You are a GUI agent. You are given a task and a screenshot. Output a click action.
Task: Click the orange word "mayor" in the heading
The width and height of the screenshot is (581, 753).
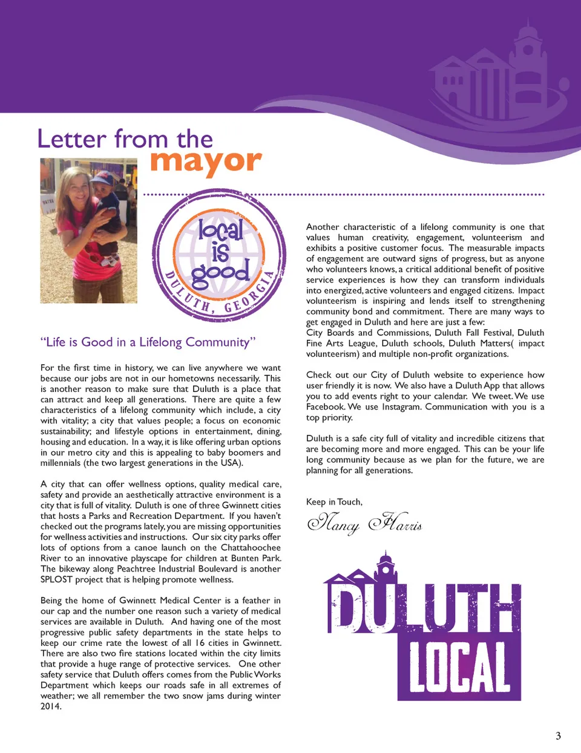point(206,161)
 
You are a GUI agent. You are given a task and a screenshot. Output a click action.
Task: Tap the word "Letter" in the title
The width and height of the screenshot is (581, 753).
point(71,139)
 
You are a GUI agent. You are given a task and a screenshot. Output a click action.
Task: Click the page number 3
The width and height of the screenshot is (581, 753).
point(558,735)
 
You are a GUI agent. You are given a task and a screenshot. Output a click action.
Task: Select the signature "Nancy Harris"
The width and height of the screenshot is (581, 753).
point(364,522)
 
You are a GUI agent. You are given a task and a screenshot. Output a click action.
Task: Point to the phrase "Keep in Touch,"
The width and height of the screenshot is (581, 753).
point(334,502)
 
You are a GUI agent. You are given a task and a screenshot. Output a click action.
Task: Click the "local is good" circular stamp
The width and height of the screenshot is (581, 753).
point(220,255)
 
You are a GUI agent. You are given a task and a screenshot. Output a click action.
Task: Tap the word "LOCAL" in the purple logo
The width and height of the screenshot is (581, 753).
point(459,667)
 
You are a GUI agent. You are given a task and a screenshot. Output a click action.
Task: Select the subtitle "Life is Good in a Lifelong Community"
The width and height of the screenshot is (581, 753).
point(148,342)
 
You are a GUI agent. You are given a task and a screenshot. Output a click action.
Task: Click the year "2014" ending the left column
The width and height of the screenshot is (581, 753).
point(50,706)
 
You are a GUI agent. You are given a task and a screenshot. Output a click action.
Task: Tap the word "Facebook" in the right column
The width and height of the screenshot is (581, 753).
point(325,407)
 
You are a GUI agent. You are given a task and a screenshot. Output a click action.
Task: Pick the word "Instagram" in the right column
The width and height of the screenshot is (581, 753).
point(401,407)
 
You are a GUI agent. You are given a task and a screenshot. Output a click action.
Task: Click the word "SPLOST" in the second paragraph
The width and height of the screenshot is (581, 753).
point(56,579)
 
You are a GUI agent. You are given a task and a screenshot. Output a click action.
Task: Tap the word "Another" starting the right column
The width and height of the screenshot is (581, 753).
point(323,227)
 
